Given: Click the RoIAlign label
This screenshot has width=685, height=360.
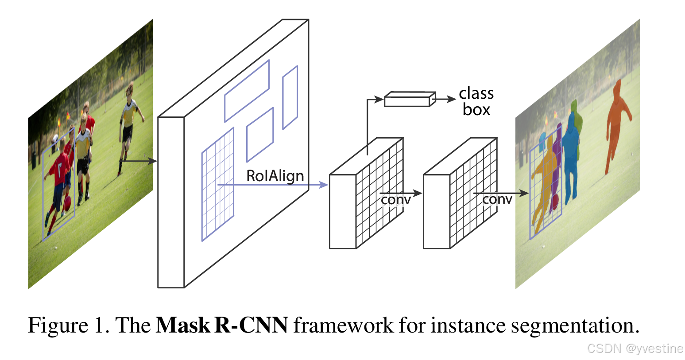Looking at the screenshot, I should tap(275, 176).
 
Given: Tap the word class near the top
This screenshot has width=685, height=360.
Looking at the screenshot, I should tap(476, 93).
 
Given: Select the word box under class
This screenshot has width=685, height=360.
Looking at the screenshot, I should tap(476, 109).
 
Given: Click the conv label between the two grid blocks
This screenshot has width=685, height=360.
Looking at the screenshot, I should tap(395, 200).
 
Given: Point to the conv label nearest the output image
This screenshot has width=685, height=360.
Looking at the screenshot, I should tap(497, 200).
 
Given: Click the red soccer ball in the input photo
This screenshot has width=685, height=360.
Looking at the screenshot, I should tap(67, 203).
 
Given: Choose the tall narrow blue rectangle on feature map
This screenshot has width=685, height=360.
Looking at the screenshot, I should tap(290, 97).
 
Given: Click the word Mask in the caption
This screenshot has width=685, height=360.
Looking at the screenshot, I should tap(183, 325).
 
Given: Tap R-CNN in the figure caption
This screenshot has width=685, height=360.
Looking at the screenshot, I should tap(251, 325).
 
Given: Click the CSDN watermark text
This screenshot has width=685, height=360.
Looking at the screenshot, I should tap(635, 348).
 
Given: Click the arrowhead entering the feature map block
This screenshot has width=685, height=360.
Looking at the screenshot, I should tap(154, 161).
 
